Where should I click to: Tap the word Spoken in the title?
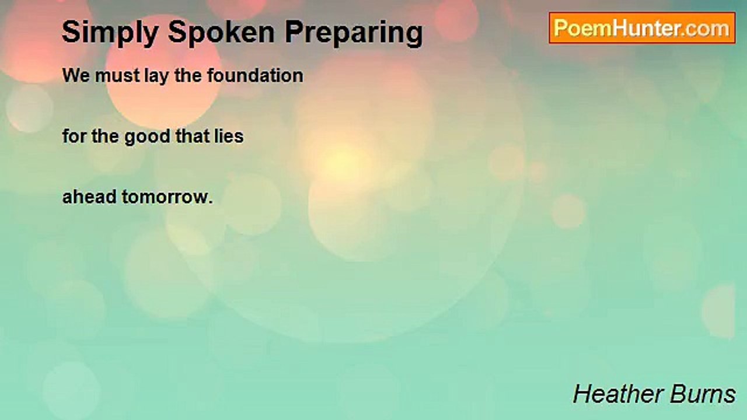[x=221, y=32]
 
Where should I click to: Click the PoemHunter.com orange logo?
[x=642, y=28]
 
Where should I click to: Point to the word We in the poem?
[x=76, y=75]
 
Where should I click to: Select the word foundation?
[x=256, y=75]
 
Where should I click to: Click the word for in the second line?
[x=74, y=136]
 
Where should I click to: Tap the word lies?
[x=229, y=136]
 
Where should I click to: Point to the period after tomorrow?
[x=211, y=202]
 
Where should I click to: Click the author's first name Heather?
[x=618, y=394]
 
